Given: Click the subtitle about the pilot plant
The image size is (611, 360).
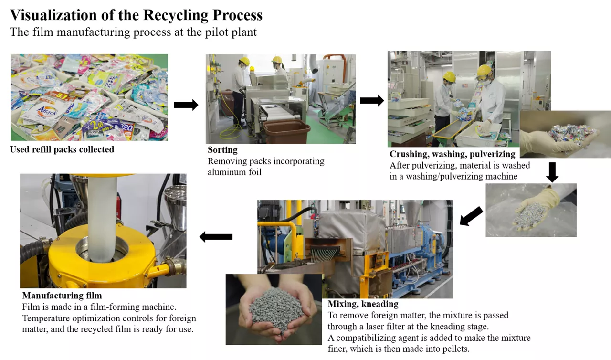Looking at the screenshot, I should pos(133,32).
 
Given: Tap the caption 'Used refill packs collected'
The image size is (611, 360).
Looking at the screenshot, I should pos(62,149).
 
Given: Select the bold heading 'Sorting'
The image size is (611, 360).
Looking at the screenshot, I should pos(222,150).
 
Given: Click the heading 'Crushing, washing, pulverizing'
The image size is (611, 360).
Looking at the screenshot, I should pos(452,154).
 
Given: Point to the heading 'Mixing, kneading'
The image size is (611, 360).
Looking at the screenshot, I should pos(363,304).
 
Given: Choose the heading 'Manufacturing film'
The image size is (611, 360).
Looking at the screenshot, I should pos(62,296).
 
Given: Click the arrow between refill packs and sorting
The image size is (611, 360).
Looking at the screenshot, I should pos(186,105).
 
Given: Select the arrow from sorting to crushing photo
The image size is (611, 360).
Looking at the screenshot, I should pos(371,100).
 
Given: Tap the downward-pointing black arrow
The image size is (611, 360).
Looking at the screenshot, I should pos(552,172).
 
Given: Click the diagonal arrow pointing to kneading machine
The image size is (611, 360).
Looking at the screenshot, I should pos(471,216).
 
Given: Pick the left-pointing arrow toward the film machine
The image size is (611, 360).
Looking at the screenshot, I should pos(216,236).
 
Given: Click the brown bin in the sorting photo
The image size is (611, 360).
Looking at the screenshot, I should pos(286,131).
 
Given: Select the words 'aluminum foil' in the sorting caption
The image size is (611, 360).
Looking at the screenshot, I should pos(234,172).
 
